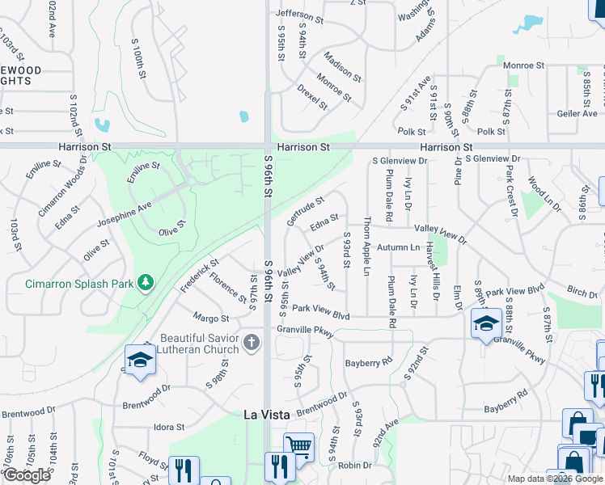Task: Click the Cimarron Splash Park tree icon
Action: pos(146,282)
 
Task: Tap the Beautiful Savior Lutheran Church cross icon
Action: pos(252,343)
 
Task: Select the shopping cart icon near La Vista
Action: pos(298,444)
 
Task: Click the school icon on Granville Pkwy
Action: pos(485,325)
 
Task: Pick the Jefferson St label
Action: pos(299,14)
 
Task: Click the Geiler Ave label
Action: pos(577,114)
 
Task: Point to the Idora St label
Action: pos(169,427)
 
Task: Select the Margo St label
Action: pos(210,318)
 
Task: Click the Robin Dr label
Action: pos(355,465)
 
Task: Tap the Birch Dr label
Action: pos(582,291)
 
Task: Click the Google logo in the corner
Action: pos(27,475)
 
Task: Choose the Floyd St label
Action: pos(152,458)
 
